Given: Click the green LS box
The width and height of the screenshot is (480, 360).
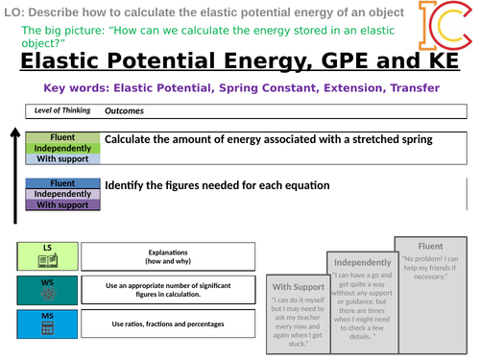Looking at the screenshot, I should click(x=47, y=255).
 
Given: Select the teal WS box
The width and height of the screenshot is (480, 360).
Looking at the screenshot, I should click(x=47, y=290).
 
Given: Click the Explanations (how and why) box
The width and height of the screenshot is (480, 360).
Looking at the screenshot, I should click(x=168, y=255).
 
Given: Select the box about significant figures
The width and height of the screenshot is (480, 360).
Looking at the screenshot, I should click(x=168, y=290).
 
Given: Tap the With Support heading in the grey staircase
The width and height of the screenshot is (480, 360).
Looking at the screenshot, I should click(x=297, y=286).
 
